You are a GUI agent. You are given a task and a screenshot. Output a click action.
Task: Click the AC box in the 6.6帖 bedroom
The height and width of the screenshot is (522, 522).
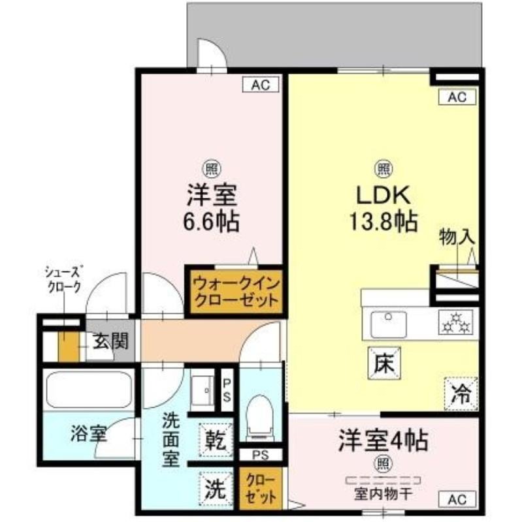[260, 85]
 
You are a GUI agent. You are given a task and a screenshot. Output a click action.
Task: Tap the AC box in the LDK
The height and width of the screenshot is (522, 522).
[457, 97]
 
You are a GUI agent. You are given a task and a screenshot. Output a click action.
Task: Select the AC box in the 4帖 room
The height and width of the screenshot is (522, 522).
[457, 499]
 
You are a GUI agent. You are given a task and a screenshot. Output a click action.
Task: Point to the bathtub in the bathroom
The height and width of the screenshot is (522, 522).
[89, 390]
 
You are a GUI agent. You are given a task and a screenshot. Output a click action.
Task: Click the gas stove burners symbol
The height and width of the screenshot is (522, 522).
[455, 322]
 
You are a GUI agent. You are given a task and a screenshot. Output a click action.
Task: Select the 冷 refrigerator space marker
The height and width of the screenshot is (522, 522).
[461, 394]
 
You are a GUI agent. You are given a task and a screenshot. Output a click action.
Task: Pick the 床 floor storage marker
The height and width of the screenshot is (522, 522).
[384, 363]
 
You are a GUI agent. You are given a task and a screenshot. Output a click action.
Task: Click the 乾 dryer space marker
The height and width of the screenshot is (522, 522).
[216, 440]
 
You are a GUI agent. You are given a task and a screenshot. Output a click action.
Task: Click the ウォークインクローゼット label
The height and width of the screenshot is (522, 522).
[236, 292]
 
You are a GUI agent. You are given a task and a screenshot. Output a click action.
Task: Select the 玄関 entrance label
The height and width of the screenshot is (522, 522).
[110, 341]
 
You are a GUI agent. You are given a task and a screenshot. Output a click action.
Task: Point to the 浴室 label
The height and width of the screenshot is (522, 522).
[89, 434]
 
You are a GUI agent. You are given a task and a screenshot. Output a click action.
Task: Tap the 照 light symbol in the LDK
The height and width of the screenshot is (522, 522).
[384, 169]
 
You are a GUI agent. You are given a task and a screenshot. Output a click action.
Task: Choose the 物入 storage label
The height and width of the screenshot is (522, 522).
[457, 237]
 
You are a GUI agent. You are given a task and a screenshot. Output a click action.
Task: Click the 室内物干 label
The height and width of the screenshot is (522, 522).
[383, 495]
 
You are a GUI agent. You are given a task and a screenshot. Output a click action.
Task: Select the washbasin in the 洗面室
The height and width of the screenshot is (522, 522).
[203, 390]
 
